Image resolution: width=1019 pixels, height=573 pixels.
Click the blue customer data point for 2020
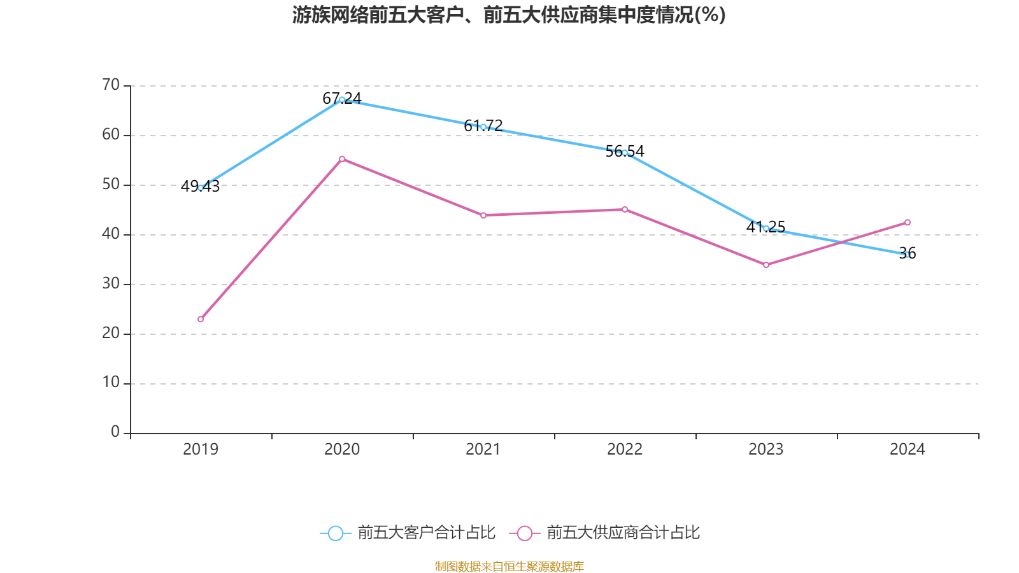coord(342,99)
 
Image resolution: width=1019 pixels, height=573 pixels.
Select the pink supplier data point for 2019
coord(201,319)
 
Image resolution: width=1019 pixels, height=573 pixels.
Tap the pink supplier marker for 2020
coord(342,159)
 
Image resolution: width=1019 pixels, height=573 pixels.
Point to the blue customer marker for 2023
coord(766,228)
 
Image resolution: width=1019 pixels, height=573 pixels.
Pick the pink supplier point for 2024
coord(908,222)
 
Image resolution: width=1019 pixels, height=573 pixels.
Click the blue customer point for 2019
coord(201,188)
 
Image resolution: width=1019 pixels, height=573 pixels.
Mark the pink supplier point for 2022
coord(625,209)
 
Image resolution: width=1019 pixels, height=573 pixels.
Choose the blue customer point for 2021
coord(483,127)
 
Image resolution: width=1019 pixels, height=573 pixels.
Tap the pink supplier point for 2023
coord(766,265)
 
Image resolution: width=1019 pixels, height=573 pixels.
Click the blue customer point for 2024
coord(908,255)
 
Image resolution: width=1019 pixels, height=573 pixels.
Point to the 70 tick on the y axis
coord(111,85)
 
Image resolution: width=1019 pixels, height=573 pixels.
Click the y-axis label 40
coord(111,234)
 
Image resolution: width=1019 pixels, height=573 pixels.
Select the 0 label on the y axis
coord(115,432)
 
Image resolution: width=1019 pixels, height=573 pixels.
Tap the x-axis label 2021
coord(483,449)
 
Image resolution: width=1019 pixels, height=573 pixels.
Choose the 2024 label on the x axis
coord(908,449)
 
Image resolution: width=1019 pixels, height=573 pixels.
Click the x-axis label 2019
coord(201,449)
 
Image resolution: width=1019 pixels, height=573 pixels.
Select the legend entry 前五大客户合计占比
coord(408,533)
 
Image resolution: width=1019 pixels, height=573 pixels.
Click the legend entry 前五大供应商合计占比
coord(605,533)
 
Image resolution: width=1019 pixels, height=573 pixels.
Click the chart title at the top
coord(509,15)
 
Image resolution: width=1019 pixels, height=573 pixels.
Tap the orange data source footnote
coord(509,566)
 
